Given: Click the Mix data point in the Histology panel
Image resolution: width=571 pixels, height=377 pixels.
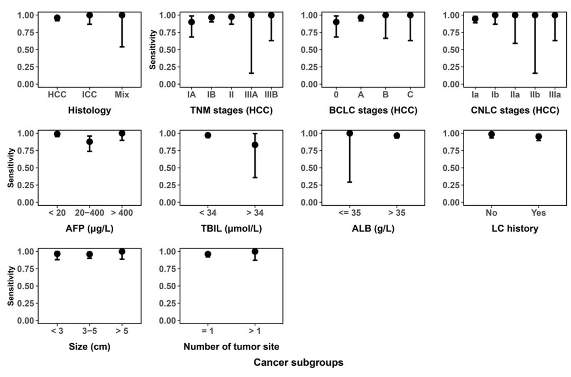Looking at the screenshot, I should [x=122, y=15].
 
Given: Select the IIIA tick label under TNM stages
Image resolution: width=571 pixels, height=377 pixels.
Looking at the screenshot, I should [x=251, y=95].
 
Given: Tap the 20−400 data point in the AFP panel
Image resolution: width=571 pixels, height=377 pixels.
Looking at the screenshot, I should [x=90, y=142].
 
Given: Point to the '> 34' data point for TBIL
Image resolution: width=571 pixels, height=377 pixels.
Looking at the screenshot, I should [x=255, y=145].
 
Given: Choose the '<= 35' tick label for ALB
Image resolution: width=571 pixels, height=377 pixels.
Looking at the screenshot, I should [x=349, y=213].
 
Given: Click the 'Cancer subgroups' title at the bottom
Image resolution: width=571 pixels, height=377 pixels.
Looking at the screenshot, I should [x=298, y=363].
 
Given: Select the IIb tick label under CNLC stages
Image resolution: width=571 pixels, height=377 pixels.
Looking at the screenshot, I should [x=535, y=95].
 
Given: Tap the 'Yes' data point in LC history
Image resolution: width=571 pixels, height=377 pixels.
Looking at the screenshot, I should [x=539, y=137].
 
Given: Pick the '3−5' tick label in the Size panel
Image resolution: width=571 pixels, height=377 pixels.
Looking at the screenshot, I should [x=90, y=332].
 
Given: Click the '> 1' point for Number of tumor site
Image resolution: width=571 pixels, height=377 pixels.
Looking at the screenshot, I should [x=255, y=252].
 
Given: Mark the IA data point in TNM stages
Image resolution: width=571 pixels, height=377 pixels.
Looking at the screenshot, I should [x=191, y=22].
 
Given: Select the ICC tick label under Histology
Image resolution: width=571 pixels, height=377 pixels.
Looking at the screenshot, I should [x=90, y=95].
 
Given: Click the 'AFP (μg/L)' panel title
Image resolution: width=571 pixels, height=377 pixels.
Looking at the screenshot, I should [x=89, y=229].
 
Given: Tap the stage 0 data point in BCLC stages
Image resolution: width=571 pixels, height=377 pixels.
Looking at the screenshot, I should [x=336, y=22].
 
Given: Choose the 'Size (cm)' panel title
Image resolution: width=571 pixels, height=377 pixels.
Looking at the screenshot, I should [x=89, y=347].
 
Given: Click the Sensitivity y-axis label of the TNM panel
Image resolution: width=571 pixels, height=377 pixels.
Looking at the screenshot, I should [x=153, y=50].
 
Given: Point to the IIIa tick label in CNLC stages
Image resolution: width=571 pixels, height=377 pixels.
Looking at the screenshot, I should [x=555, y=95].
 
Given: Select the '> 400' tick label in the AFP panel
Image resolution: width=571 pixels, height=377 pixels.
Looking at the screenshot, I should [x=122, y=213].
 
